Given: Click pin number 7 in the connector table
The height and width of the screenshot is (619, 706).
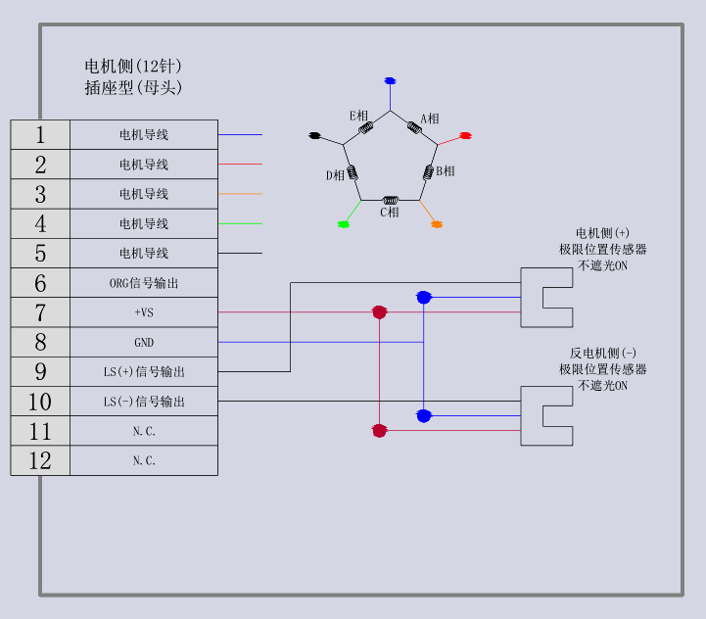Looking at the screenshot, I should [x=40, y=312].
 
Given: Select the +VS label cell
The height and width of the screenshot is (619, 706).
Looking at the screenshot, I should [x=144, y=312].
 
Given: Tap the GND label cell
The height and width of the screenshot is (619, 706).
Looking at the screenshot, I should [x=144, y=343].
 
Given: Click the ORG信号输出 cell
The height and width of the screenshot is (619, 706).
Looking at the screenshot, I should [x=144, y=283].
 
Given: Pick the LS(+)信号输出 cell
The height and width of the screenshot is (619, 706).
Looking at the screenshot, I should [x=144, y=372].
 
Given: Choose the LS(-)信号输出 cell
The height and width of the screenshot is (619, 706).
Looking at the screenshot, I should [x=144, y=402].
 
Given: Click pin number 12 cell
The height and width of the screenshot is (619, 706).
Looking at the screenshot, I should [x=40, y=460].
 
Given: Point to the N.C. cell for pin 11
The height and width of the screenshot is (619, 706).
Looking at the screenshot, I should [x=144, y=431].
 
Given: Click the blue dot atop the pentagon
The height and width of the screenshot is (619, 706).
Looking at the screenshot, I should [x=390, y=80].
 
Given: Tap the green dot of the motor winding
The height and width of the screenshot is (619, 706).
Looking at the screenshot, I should [x=344, y=224].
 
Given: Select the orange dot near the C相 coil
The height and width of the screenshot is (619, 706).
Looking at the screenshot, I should [x=437, y=224].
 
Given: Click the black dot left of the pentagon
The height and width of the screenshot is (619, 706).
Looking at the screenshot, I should [x=314, y=134].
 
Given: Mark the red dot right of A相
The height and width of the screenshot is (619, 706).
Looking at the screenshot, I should [x=466, y=135].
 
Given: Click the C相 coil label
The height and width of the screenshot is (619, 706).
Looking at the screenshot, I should [x=390, y=212].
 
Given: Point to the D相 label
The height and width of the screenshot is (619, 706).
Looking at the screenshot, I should [x=335, y=175].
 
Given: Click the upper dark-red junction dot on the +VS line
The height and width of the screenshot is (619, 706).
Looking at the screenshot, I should [x=379, y=312].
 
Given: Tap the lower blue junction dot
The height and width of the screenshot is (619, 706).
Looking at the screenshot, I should [x=423, y=416].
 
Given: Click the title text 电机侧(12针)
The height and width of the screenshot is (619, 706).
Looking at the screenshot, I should [x=133, y=67].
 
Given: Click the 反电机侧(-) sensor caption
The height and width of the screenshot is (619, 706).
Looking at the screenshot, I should [x=603, y=354].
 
